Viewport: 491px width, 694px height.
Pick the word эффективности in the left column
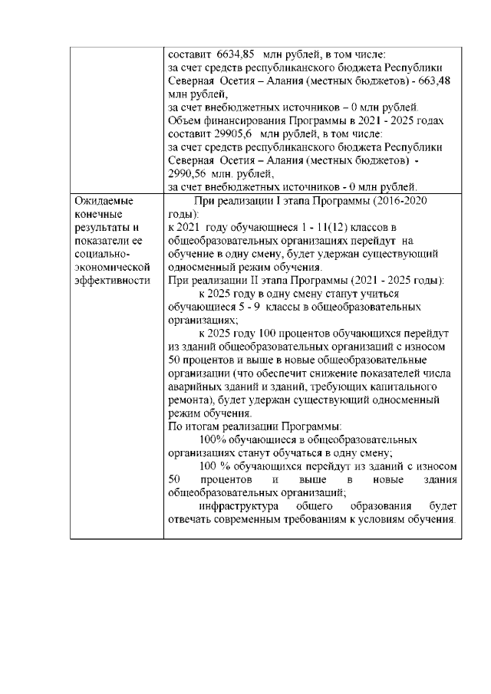pyautogui.click(x=108, y=281)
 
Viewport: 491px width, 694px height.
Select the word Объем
pyautogui.click(x=184, y=120)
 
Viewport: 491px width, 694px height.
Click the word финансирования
pyautogui.click(x=243, y=120)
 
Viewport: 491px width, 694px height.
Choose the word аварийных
pyautogui.click(x=192, y=386)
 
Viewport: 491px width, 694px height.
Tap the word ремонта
pyautogui.click(x=187, y=400)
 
